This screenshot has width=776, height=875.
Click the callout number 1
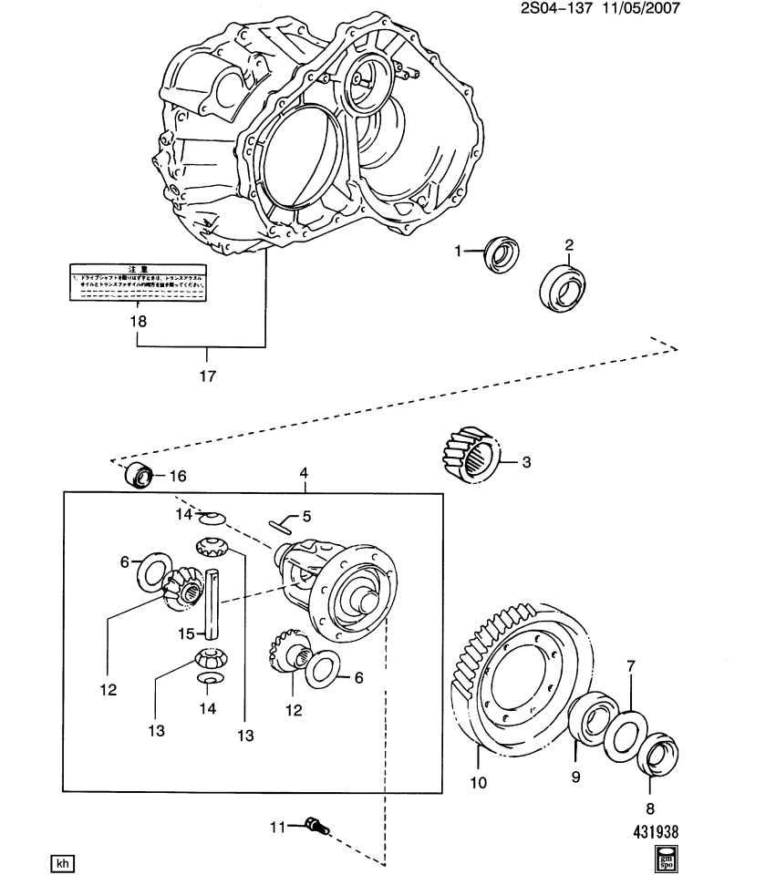[x=460, y=252]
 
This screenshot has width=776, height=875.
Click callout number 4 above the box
[x=304, y=474]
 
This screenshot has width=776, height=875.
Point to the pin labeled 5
[x=282, y=522]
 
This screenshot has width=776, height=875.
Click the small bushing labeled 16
[x=137, y=475]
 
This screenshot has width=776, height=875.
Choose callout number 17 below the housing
[x=208, y=375]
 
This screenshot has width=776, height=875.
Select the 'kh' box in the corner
[x=60, y=862]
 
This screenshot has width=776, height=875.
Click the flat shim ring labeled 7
[x=626, y=736]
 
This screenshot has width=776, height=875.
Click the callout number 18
[x=138, y=321]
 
